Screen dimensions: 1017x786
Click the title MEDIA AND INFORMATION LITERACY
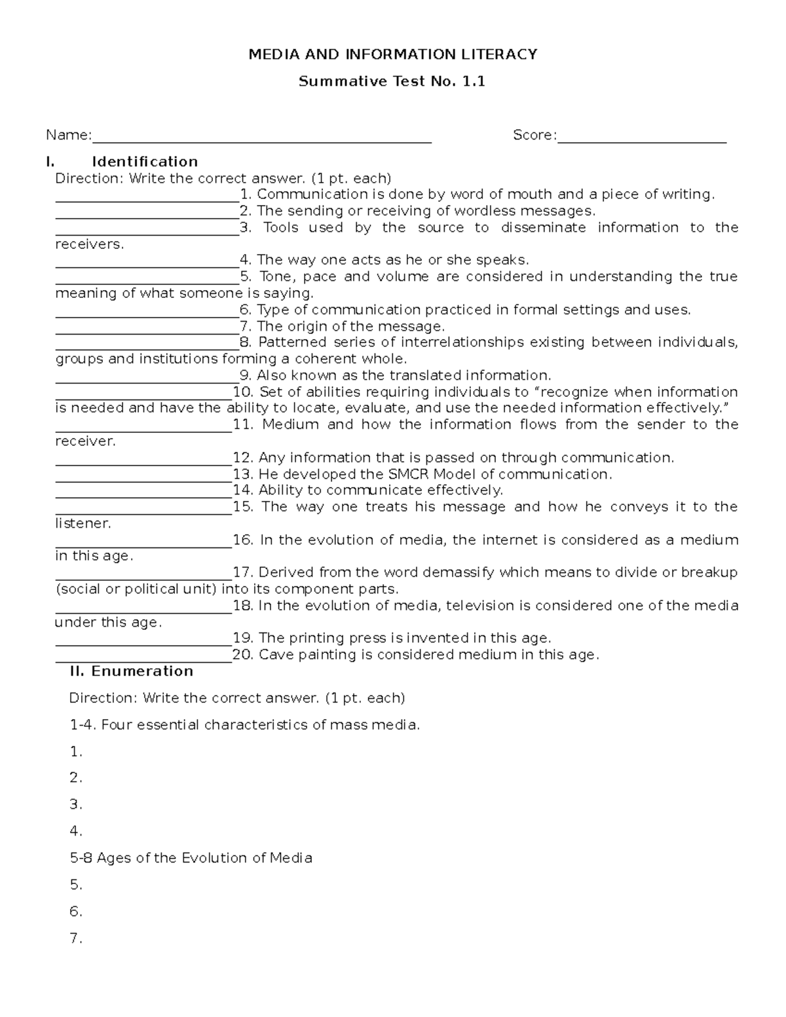(392, 54)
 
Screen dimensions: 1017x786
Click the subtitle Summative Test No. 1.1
(392, 82)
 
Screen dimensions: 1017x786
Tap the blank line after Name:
(261, 136)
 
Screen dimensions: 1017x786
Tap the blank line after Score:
(641, 136)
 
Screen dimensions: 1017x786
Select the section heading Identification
(145, 162)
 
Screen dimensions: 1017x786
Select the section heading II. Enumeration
(131, 671)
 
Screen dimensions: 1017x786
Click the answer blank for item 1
(147, 195)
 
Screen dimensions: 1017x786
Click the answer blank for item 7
(147, 327)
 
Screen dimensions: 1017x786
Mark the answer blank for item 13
(143, 475)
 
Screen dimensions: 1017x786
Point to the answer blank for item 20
(143, 656)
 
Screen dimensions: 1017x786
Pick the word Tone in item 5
(276, 276)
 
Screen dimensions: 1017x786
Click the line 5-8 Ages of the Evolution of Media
(191, 858)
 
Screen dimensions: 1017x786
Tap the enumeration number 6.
(75, 912)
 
